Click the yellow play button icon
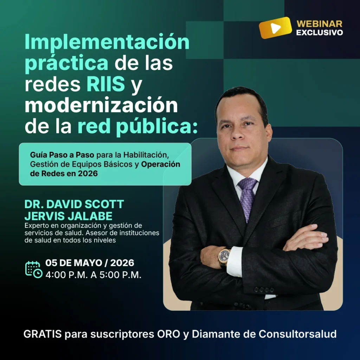[x=275, y=28]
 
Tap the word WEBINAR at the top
[x=319, y=24]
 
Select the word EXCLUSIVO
[x=319, y=33]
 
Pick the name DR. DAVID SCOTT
[x=74, y=204]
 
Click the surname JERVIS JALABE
[x=69, y=215]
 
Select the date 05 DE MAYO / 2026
[x=90, y=263]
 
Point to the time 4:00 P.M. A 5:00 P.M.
[x=93, y=275]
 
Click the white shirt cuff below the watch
[x=234, y=262]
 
